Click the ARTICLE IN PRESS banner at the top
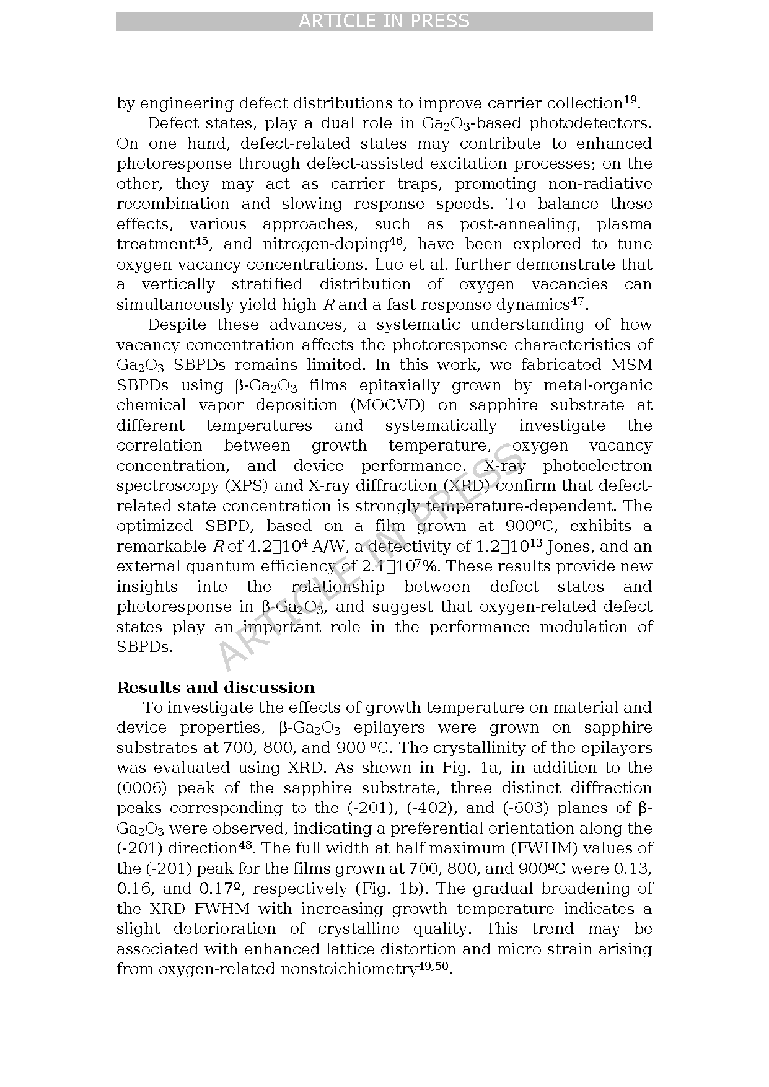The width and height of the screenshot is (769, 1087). click(x=384, y=21)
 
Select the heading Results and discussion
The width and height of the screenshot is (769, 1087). click(x=216, y=688)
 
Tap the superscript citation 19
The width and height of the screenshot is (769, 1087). click(x=630, y=99)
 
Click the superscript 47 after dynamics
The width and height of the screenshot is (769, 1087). click(x=577, y=301)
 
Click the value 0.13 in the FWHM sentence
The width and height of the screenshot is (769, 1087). click(x=636, y=869)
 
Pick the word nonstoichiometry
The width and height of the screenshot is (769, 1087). click(x=347, y=969)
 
